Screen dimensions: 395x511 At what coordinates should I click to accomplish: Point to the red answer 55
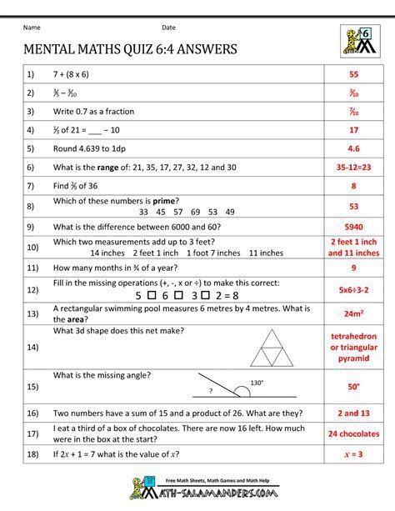point(353,75)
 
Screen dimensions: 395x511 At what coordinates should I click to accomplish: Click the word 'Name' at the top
point(34,28)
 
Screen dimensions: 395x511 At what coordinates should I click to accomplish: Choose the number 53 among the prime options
point(191,212)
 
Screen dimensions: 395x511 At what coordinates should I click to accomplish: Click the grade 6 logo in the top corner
point(357,40)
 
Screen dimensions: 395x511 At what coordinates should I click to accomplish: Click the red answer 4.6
point(353,148)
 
